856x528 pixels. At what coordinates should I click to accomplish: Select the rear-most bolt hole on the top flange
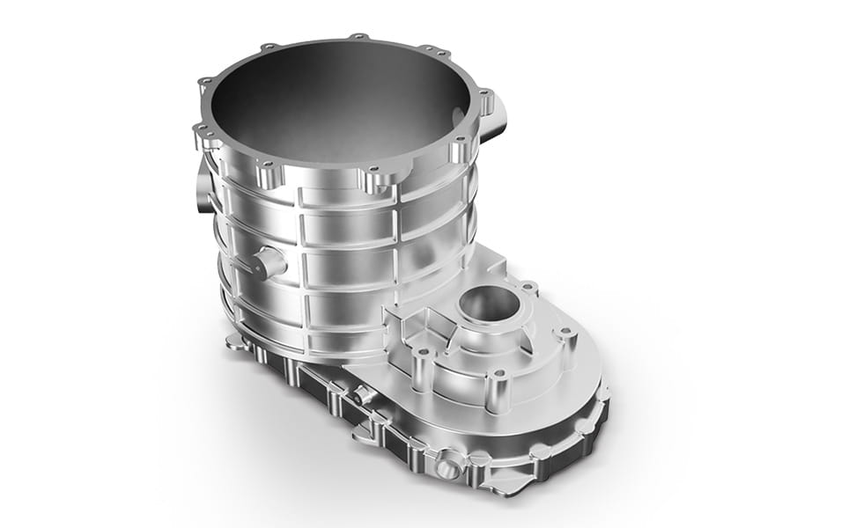[x=358, y=37]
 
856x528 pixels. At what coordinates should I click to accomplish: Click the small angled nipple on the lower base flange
[x=362, y=396]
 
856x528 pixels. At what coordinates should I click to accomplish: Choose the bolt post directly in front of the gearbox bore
[x=499, y=380]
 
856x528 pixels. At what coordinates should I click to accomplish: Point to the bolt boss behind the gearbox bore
[x=527, y=288]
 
